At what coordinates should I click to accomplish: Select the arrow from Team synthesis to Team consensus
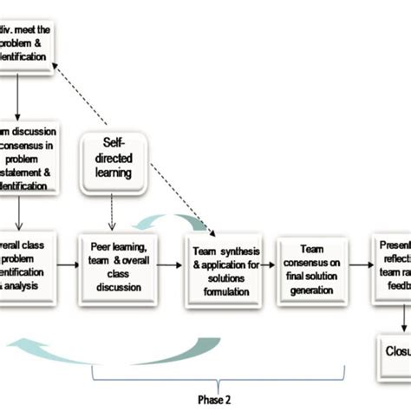(x=271, y=258)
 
